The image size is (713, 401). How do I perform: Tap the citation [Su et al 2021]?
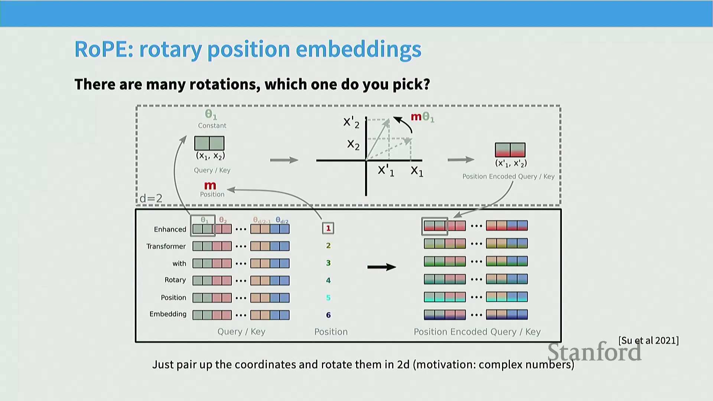click(x=648, y=340)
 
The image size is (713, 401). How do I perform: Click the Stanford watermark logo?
click(x=595, y=352)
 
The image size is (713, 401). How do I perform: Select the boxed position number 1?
click(x=328, y=228)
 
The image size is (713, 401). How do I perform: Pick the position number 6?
click(x=328, y=315)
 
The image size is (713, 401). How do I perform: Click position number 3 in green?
click(x=328, y=263)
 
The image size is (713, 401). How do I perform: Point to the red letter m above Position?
click(x=210, y=185)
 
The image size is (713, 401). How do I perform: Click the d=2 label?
click(x=151, y=198)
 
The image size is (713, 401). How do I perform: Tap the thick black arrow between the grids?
click(x=382, y=267)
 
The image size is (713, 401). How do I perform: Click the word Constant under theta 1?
click(x=212, y=125)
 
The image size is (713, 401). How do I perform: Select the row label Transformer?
click(x=166, y=246)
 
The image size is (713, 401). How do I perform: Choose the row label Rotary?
click(x=175, y=280)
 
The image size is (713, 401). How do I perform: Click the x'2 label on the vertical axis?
click(x=351, y=122)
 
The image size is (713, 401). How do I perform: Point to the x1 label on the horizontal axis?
click(x=417, y=171)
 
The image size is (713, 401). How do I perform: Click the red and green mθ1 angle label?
click(x=422, y=117)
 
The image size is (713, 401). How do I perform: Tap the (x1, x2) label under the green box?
click(x=211, y=156)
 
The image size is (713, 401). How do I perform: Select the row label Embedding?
click(x=168, y=314)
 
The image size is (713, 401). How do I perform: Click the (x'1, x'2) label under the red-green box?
click(x=511, y=163)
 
